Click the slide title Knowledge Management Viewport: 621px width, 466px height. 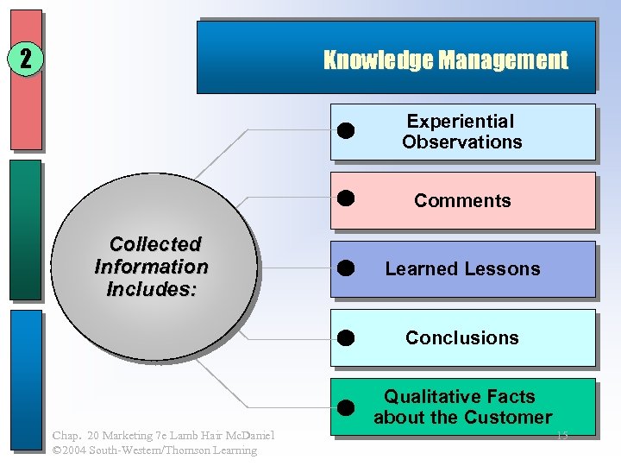pos(445,60)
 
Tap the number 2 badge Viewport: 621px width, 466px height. pos(26,59)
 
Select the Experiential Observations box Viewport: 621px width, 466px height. pos(462,132)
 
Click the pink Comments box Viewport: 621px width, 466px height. pos(462,201)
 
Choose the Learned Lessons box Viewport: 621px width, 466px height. pos(462,269)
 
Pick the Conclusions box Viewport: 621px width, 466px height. pos(462,338)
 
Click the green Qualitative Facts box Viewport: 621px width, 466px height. pos(462,406)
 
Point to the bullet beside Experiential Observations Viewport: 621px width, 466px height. pos(346,130)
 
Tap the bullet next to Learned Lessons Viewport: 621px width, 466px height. pos(346,268)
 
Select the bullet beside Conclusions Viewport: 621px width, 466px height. pos(346,337)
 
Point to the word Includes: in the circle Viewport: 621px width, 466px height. pos(152,289)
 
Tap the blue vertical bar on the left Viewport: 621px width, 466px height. pos(26,380)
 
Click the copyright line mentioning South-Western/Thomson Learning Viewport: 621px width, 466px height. pos(154,450)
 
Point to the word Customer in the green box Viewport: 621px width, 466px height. pos(508,418)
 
